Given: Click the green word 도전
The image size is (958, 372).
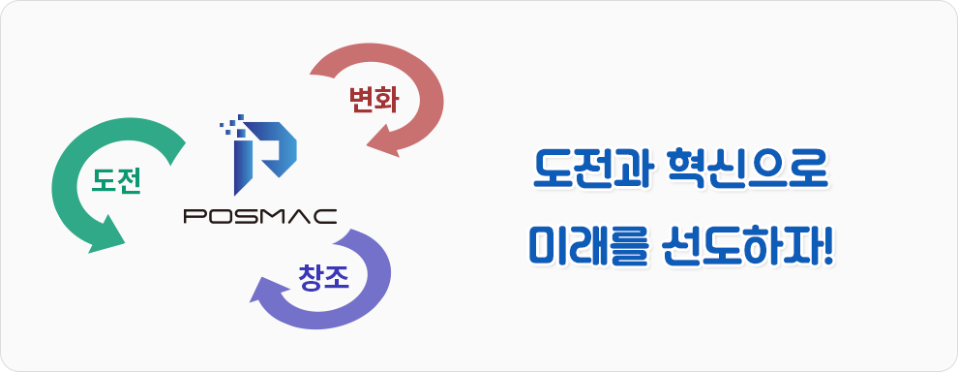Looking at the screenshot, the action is pyautogui.click(x=116, y=181).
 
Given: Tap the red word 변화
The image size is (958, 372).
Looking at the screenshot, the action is pyautogui.click(x=374, y=101).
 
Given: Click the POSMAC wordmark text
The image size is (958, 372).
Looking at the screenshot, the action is pyautogui.click(x=260, y=217).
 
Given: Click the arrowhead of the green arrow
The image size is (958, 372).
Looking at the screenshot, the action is pyautogui.click(x=106, y=235).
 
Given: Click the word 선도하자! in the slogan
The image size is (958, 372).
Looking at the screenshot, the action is pyautogui.click(x=748, y=246).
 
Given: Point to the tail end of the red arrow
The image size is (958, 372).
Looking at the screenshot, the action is pyautogui.click(x=321, y=68).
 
